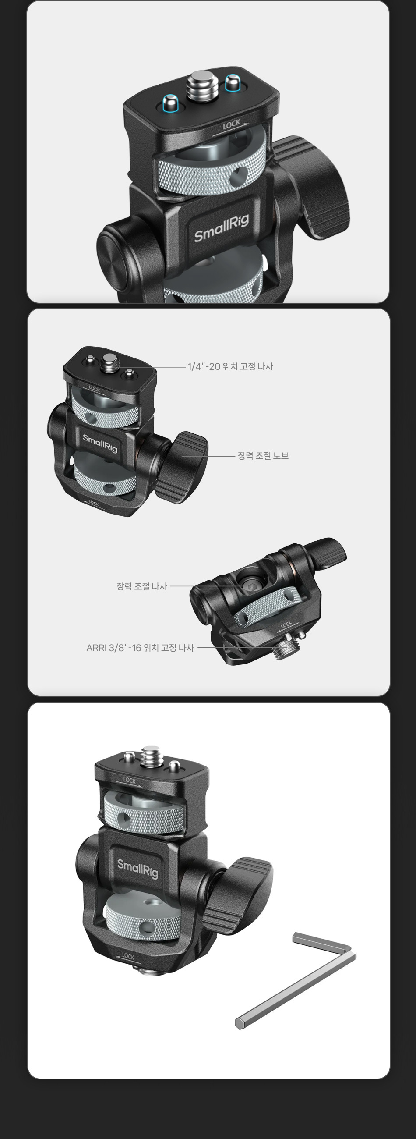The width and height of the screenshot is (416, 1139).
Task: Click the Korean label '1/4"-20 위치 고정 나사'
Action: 230,366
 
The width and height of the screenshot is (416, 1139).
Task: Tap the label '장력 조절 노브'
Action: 263,455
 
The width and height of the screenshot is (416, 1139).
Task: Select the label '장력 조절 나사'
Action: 142,586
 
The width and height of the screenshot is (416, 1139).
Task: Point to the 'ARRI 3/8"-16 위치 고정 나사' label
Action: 140,647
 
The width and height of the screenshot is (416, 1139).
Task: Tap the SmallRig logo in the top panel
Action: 221,228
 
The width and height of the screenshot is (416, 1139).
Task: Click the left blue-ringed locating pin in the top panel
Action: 169,103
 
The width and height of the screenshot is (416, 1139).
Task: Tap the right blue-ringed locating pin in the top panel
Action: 232,83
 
